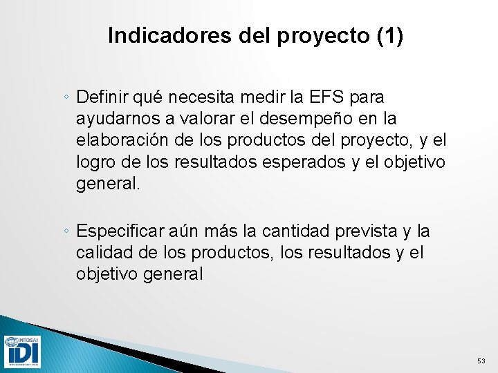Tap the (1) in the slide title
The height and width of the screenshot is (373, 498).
point(390,36)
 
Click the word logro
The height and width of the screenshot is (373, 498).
point(94,162)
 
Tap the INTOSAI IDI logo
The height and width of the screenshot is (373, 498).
point(22,352)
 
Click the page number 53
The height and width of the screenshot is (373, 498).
point(481,361)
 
